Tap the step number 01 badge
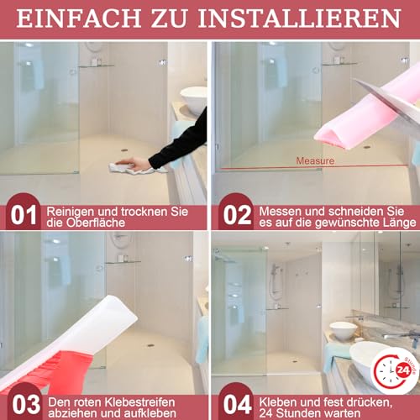click(x=22, y=216)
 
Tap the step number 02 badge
click(x=235, y=216)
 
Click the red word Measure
click(x=314, y=160)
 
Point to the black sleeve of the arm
click(x=181, y=139)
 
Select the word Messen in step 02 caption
click(x=281, y=208)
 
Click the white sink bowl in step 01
click(x=196, y=99)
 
